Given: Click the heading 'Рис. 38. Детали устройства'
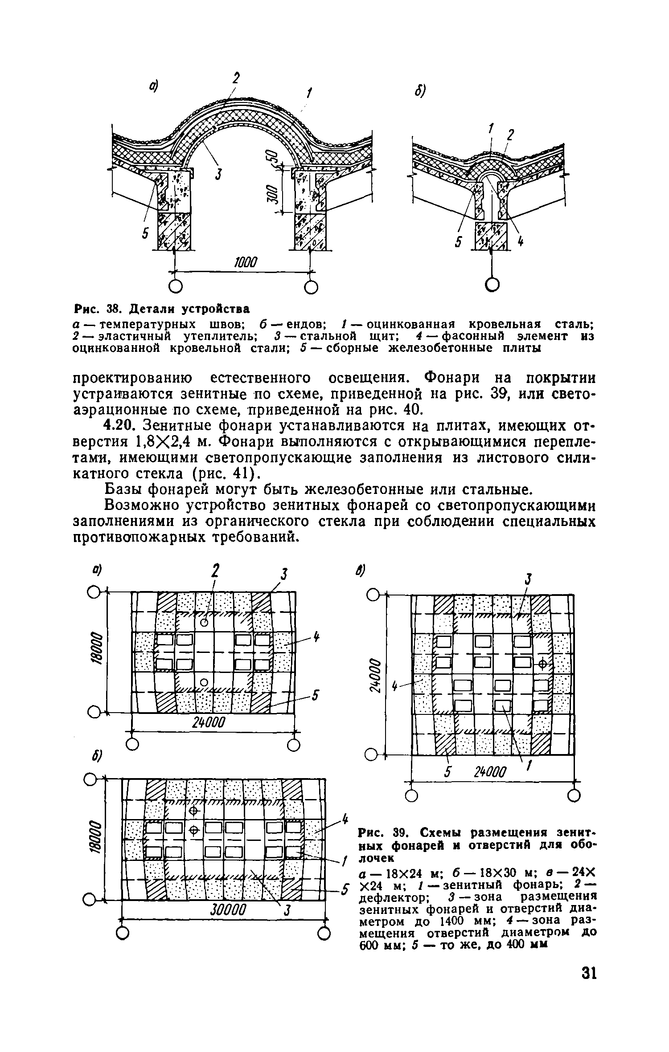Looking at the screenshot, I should coord(161,309).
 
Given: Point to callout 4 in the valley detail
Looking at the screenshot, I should coord(520,242).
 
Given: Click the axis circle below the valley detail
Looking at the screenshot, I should coord(492,285).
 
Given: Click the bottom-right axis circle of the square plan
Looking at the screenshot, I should coord(574,795).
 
